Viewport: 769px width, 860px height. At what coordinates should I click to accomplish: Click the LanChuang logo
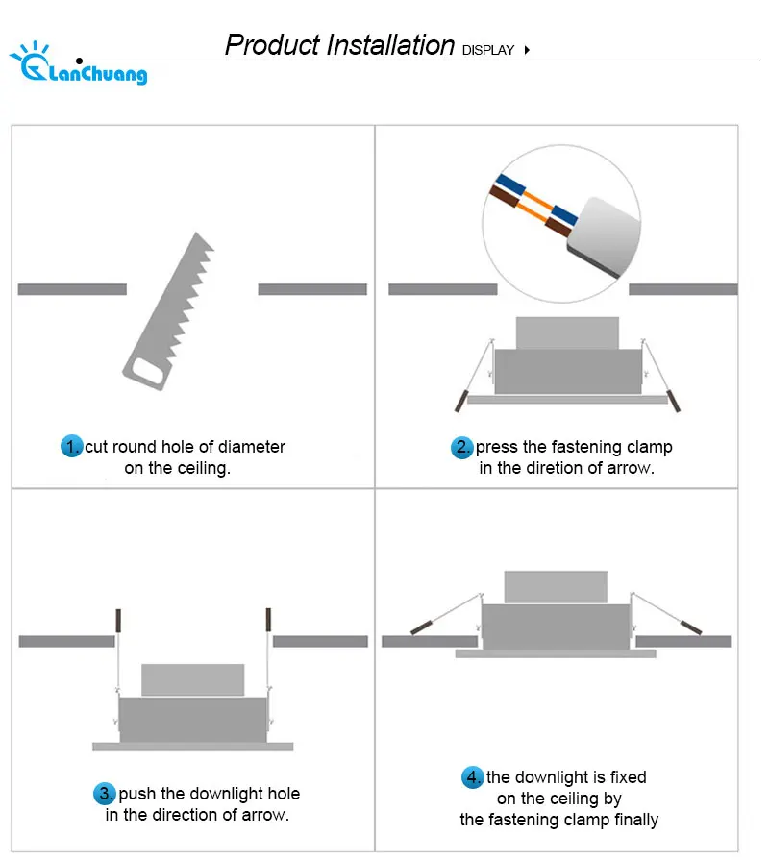point(79,63)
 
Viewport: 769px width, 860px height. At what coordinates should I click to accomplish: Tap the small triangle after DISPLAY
point(527,50)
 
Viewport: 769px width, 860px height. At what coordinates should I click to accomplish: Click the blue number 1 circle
point(72,446)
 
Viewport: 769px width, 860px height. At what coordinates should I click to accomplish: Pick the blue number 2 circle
point(461,447)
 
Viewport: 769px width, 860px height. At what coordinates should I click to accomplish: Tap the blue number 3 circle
point(105,793)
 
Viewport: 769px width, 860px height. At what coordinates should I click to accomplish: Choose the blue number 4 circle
point(473,776)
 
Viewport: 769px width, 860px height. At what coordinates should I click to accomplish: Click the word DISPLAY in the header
point(488,51)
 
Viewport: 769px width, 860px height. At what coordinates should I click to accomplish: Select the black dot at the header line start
point(80,61)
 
